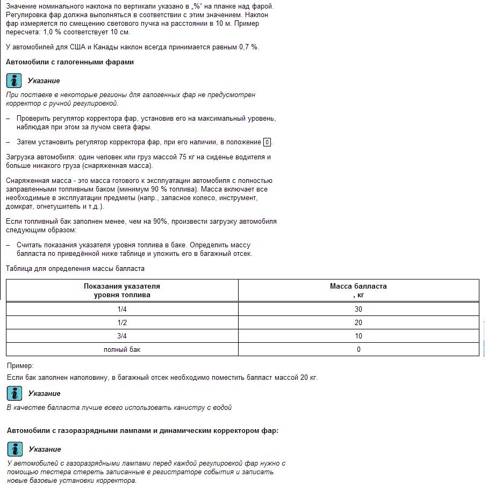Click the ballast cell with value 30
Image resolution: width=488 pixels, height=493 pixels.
(358, 309)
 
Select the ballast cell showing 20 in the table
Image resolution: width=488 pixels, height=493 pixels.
(358, 322)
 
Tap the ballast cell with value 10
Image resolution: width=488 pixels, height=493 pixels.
(358, 336)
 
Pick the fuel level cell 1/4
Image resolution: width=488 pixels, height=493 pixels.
(122, 309)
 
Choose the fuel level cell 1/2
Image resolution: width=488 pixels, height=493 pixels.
(122, 322)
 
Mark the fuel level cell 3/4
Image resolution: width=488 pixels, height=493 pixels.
(122, 336)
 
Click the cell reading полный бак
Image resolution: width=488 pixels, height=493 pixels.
(122, 349)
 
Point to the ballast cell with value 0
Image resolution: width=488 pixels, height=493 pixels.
(358, 349)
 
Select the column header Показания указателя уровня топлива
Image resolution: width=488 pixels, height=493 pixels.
(122, 290)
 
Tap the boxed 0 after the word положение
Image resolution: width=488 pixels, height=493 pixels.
(267, 142)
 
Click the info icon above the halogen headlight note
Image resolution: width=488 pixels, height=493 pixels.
(14, 81)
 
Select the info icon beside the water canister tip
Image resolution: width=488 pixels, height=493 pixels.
(14, 394)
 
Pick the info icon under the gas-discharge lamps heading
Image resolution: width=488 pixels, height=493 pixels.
(14, 450)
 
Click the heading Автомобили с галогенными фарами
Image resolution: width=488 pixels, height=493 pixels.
(70, 62)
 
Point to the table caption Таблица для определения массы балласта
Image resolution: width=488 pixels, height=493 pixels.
(75, 268)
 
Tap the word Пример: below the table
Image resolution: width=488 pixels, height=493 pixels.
(20, 365)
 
